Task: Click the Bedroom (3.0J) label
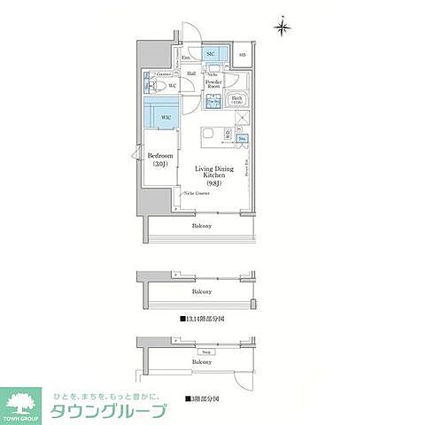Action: click(x=159, y=160)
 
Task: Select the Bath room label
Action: click(x=236, y=101)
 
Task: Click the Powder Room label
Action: click(x=213, y=84)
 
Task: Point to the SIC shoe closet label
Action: click(x=211, y=55)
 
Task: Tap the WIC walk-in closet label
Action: click(x=166, y=115)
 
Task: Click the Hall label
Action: click(x=190, y=73)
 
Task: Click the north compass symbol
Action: click(x=283, y=27)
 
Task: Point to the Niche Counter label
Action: click(x=197, y=191)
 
